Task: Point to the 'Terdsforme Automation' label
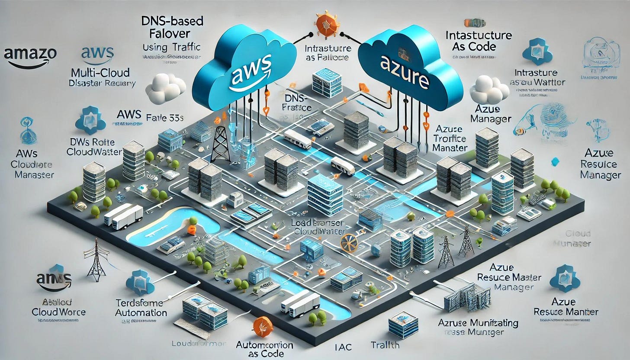click(141, 307)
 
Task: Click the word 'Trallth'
click(385, 345)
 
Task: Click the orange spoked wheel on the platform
click(348, 243)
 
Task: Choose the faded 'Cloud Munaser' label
click(572, 238)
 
